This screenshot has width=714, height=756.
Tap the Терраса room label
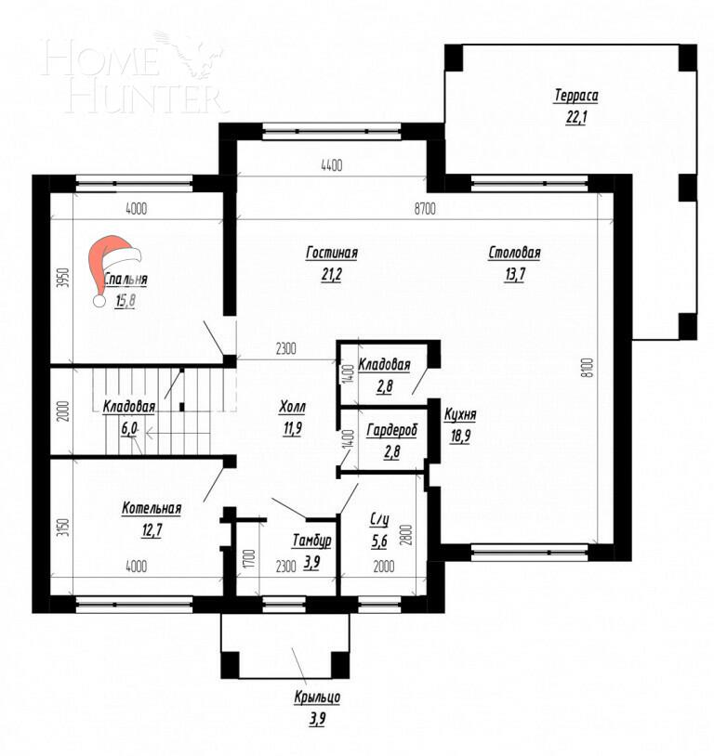[x=575, y=97]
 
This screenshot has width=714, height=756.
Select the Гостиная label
[x=331, y=253]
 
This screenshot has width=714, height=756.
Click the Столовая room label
[x=514, y=253]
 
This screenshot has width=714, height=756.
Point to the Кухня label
[x=461, y=416]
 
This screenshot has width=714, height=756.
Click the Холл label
[x=292, y=408]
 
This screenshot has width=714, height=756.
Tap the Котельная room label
[x=151, y=509]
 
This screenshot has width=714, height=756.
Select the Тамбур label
[x=311, y=540]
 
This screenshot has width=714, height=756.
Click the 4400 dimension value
[x=331, y=166]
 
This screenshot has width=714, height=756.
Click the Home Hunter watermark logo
[x=136, y=74]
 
